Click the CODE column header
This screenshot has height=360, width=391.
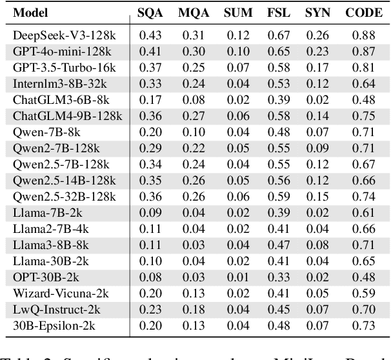[x=364, y=12]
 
